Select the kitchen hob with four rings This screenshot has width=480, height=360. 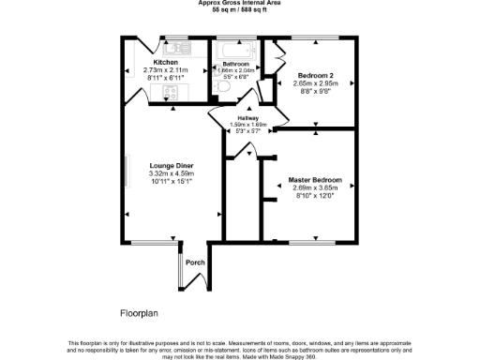tap(172, 92)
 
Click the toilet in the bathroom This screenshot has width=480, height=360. tap(221, 87)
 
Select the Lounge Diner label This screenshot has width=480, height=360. tap(170, 166)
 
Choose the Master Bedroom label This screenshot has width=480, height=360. tap(314, 179)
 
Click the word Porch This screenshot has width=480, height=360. tap(195, 262)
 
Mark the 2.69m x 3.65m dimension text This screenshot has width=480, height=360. tap(314, 187)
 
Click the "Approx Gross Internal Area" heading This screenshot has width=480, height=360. tap(238, 3)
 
